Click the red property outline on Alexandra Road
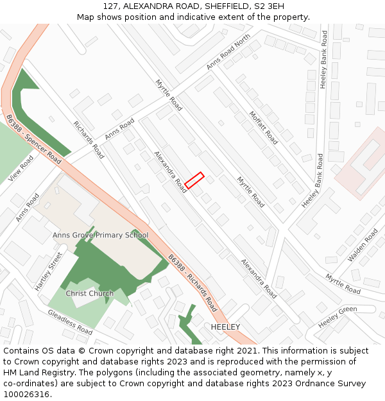(x=194, y=181)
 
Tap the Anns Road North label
(x=228, y=53)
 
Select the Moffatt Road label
(x=264, y=127)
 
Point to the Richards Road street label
(x=89, y=140)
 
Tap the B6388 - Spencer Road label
(x=33, y=139)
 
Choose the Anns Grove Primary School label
(x=101, y=235)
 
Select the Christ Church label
(x=90, y=293)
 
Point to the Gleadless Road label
(x=70, y=321)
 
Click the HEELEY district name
(x=225, y=327)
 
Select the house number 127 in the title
(x=110, y=6)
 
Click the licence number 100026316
(x=28, y=395)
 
